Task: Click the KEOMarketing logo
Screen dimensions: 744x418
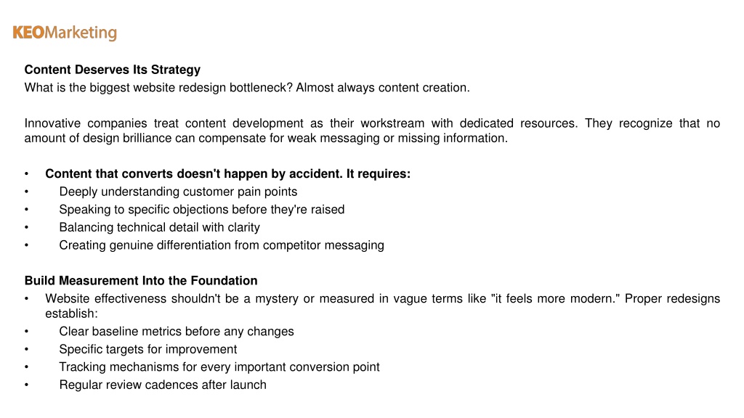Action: tap(65, 33)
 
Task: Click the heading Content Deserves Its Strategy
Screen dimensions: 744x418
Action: tap(113, 70)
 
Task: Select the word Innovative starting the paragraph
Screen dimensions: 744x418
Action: tap(52, 123)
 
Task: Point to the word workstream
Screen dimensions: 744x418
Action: tap(392, 123)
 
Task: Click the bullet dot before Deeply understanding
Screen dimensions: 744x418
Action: tap(27, 192)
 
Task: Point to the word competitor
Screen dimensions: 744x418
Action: tap(292, 245)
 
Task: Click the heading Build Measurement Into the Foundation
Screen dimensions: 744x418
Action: tap(141, 281)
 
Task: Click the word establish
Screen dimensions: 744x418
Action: tap(71, 313)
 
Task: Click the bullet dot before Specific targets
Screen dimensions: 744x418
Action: tap(27, 350)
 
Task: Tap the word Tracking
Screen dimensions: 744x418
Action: tap(83, 367)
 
